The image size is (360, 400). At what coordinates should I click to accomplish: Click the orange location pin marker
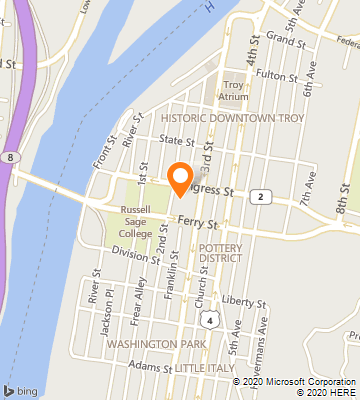pyautogui.click(x=180, y=177)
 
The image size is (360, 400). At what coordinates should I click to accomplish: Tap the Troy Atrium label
pyautogui.click(x=234, y=91)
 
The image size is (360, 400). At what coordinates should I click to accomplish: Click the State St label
pyautogui.click(x=176, y=143)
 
